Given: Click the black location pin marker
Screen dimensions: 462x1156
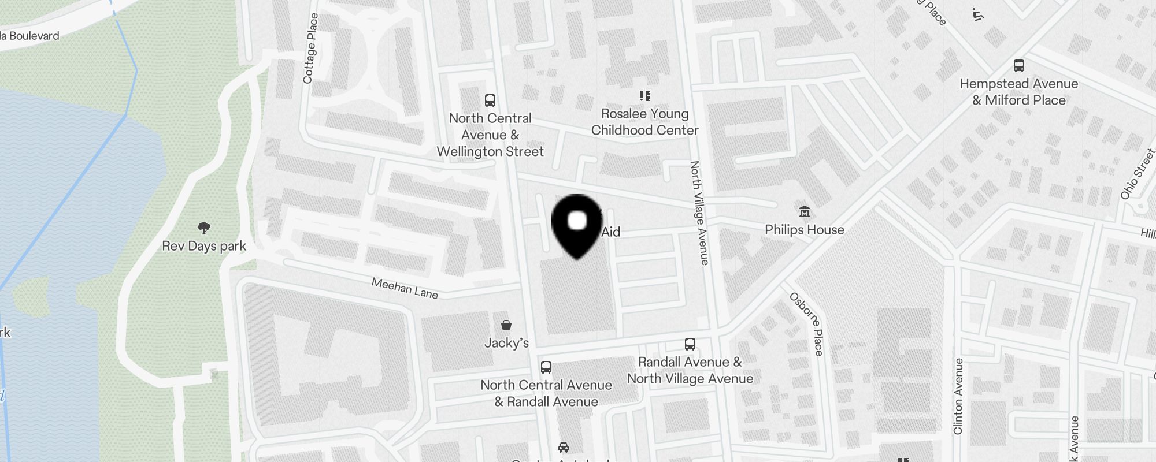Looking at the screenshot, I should pos(577,225).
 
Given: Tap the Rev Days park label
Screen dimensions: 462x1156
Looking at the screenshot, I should pos(204,246).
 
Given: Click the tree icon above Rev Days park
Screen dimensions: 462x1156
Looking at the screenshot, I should pos(203,228).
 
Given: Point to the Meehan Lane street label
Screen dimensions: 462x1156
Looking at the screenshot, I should pos(405,288).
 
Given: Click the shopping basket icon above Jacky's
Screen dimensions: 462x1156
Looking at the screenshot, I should pos(506,325).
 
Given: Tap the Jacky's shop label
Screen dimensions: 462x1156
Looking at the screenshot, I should pos(506,343).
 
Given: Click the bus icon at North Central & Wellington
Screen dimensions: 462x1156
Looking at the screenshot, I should pos(490,100).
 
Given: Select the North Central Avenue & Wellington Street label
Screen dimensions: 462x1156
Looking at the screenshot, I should pos(490,135).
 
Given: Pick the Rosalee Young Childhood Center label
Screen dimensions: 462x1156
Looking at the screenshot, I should pos(644,122).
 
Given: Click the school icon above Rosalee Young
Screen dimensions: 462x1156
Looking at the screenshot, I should pos(644,96).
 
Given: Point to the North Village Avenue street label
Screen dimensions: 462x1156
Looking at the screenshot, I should pos(699,213).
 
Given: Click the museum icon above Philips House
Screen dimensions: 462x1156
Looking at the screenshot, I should pos(804,212).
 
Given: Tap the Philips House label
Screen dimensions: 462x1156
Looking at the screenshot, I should pos(804,230).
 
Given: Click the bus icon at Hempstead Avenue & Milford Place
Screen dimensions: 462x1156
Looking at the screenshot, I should pos(1019,66).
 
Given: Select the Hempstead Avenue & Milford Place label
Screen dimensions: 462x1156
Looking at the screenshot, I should pos(1019,92).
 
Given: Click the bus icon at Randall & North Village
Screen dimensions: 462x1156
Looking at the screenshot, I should pos(690,344).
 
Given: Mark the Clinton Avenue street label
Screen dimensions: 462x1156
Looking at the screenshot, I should pos(958,396).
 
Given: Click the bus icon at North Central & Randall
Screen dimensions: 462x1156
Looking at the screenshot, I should pos(546,367).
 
